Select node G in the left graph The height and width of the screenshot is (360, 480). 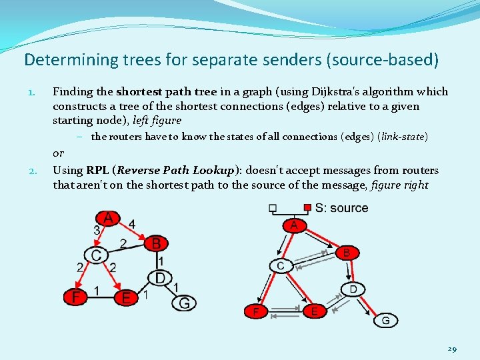click(184, 303)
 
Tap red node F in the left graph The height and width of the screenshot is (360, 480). click(77, 297)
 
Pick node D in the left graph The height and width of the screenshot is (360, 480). click(160, 277)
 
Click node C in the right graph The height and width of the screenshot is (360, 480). click(280, 266)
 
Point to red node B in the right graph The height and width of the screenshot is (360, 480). click(346, 253)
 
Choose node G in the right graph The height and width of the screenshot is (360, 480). click(385, 321)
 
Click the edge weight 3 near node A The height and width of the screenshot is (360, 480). click(97, 230)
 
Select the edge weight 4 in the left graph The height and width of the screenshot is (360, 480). click(132, 224)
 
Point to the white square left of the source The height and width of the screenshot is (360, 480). click(273, 208)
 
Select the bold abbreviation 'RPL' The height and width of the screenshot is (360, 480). click(99, 170)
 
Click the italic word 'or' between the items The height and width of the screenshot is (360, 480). click(59, 153)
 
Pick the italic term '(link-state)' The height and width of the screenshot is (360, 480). click(403, 137)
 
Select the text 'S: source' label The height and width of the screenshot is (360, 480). click(341, 208)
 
